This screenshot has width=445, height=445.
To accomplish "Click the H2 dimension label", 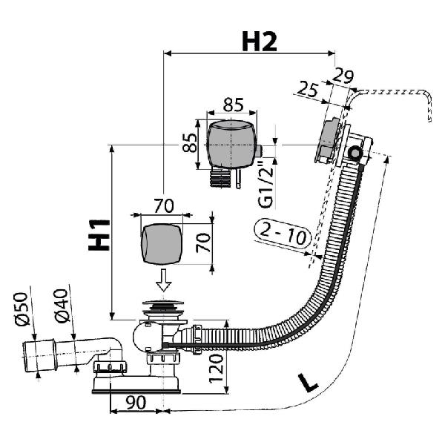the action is tap(259, 42).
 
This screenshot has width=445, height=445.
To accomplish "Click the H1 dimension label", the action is tap(99, 234).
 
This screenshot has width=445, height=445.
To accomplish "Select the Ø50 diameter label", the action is tap(22, 309).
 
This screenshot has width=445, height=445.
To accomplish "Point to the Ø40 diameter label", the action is tap(62, 306).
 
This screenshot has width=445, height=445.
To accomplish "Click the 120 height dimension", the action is tap(217, 369).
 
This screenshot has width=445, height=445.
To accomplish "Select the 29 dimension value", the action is tap(343, 76).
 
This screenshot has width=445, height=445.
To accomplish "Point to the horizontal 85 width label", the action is tap(234, 105).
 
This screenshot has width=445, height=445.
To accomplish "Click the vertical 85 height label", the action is tap(190, 142).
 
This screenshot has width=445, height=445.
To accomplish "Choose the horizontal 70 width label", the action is tap(164, 205).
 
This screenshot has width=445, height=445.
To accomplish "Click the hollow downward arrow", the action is tap(164, 280).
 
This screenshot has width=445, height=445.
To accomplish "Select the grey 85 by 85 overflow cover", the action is tap(231, 145).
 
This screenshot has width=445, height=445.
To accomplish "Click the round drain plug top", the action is tap(162, 303).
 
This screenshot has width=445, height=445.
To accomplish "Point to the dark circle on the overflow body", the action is tap(355, 154).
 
